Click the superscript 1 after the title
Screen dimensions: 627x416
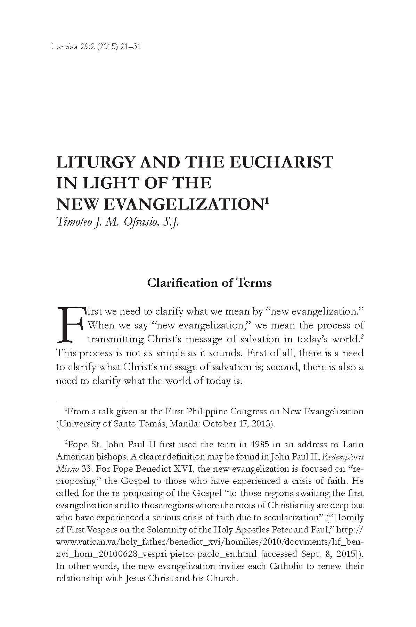click(x=267, y=201)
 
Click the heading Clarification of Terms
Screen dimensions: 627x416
click(x=209, y=283)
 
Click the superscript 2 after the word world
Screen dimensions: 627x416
click(x=362, y=336)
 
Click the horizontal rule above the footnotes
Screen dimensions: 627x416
click(x=91, y=401)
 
